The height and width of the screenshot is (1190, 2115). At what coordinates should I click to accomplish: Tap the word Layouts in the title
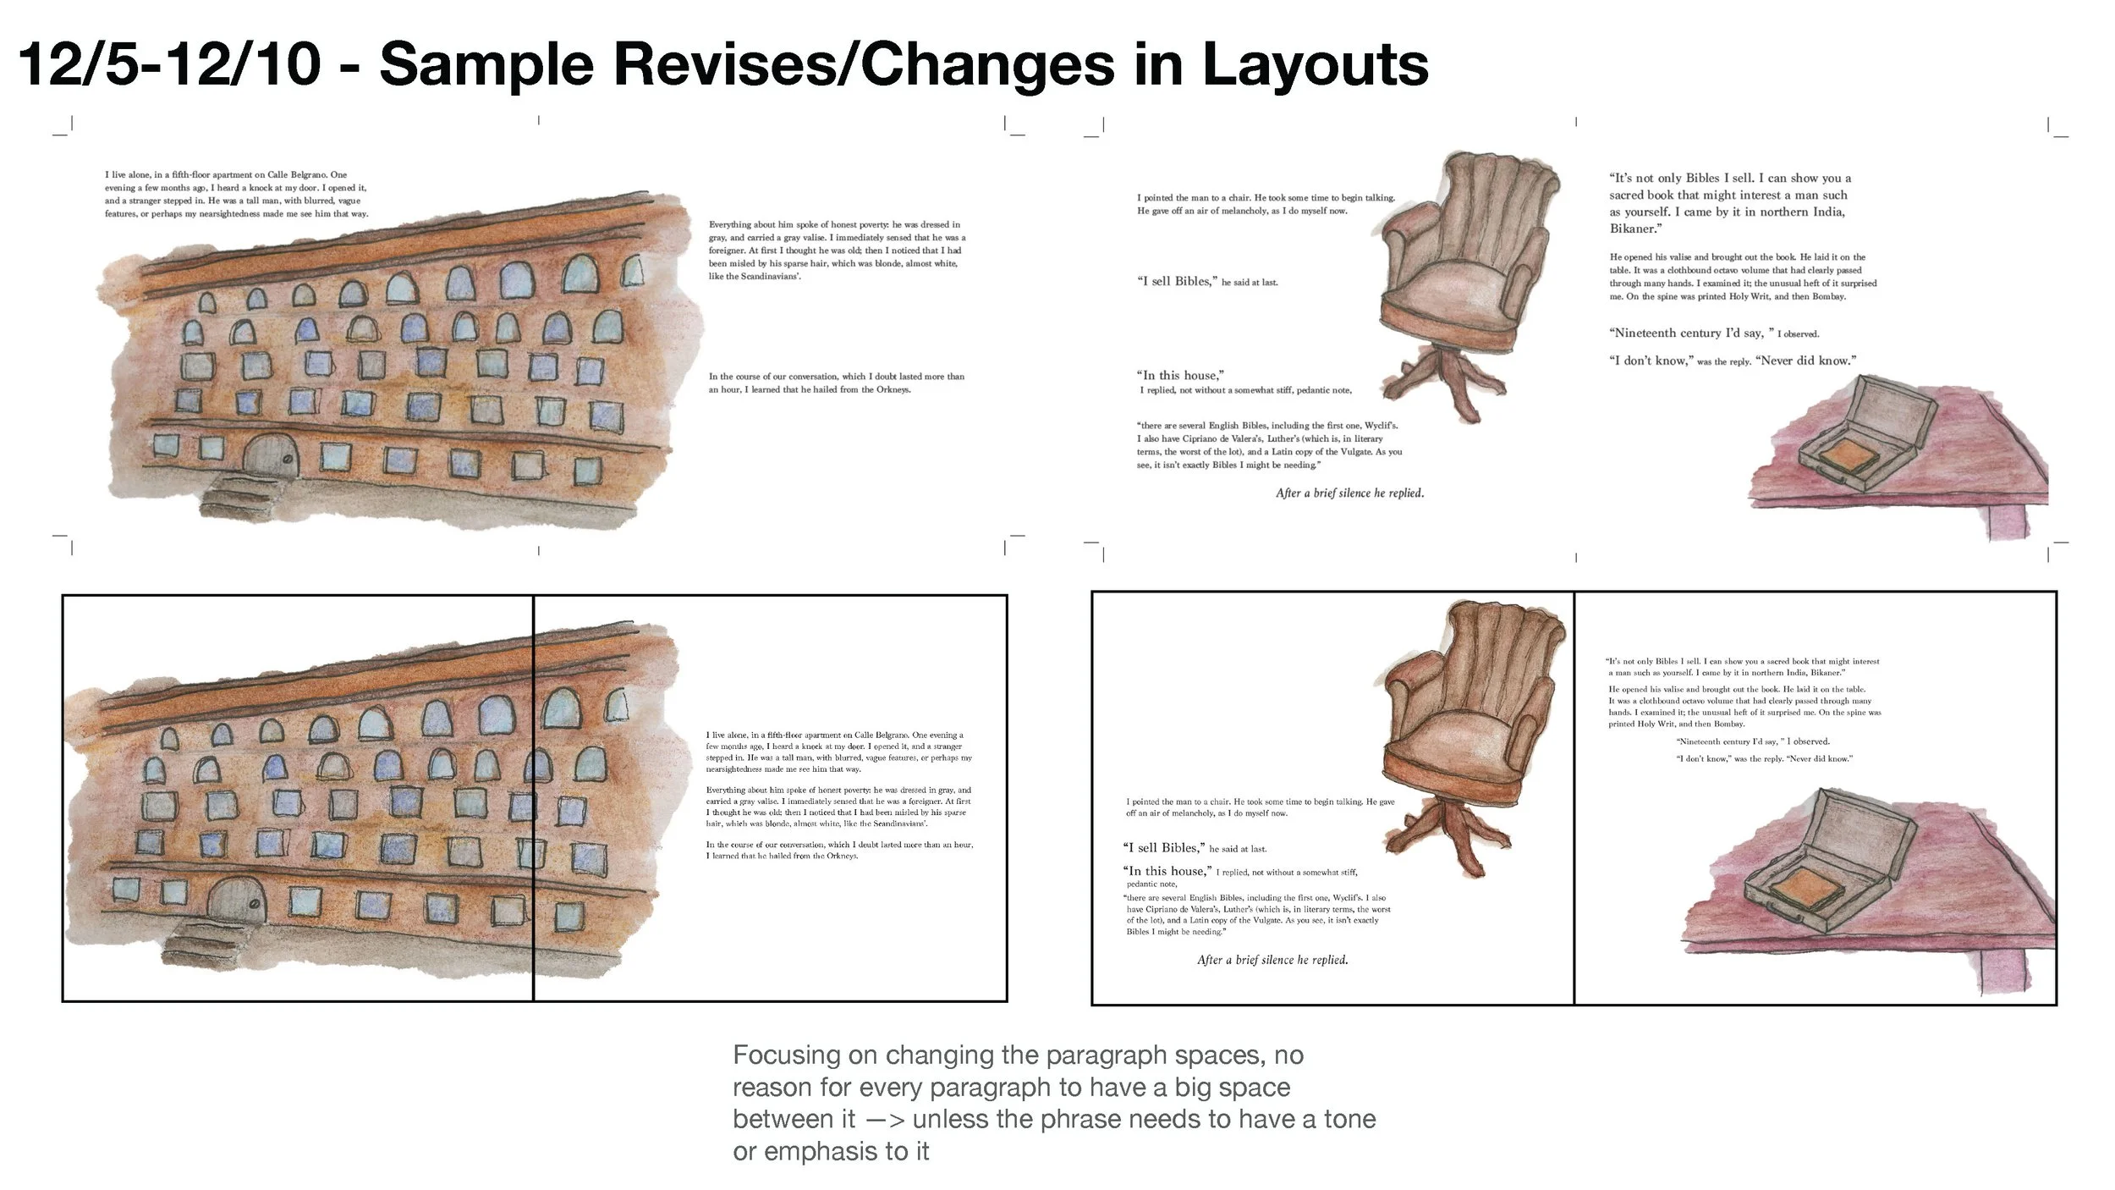pos(1315,66)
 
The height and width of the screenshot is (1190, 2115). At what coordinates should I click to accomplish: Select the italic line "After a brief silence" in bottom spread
pos(1272,960)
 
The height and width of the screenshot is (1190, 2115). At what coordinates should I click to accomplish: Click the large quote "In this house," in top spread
pos(1181,375)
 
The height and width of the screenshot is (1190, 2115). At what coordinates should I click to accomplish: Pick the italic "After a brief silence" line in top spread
pos(1349,493)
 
